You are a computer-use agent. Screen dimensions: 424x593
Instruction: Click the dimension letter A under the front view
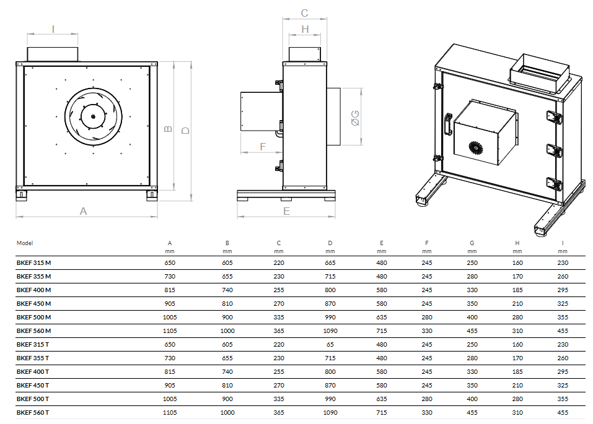tap(84, 211)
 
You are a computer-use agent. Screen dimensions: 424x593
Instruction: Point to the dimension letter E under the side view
tap(286, 211)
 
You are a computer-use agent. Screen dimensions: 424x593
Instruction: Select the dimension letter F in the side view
tap(263, 147)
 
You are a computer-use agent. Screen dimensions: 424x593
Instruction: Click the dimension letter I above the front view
tap(53, 28)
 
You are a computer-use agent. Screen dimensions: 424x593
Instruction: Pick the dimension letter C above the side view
tap(304, 13)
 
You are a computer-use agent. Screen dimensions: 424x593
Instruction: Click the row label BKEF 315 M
tap(33, 262)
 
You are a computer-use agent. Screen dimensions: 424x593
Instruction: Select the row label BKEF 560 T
tap(33, 412)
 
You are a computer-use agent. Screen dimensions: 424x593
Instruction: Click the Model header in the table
tap(25, 243)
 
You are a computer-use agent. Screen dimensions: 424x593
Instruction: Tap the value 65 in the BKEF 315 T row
tap(330, 344)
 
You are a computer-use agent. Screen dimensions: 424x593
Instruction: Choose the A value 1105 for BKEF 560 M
tap(170, 331)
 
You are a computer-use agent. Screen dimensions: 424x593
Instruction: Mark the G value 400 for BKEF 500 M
tap(472, 317)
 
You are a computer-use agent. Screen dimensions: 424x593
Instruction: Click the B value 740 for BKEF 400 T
tap(227, 371)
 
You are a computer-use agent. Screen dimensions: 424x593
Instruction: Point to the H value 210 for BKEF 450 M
tap(517, 303)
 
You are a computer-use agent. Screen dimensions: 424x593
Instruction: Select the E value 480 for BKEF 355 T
tap(382, 358)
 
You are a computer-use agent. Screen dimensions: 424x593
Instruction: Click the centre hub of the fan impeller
tap(93, 116)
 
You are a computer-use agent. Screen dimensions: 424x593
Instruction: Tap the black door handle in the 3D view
tap(447, 123)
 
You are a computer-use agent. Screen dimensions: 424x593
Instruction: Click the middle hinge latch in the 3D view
tap(552, 150)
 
